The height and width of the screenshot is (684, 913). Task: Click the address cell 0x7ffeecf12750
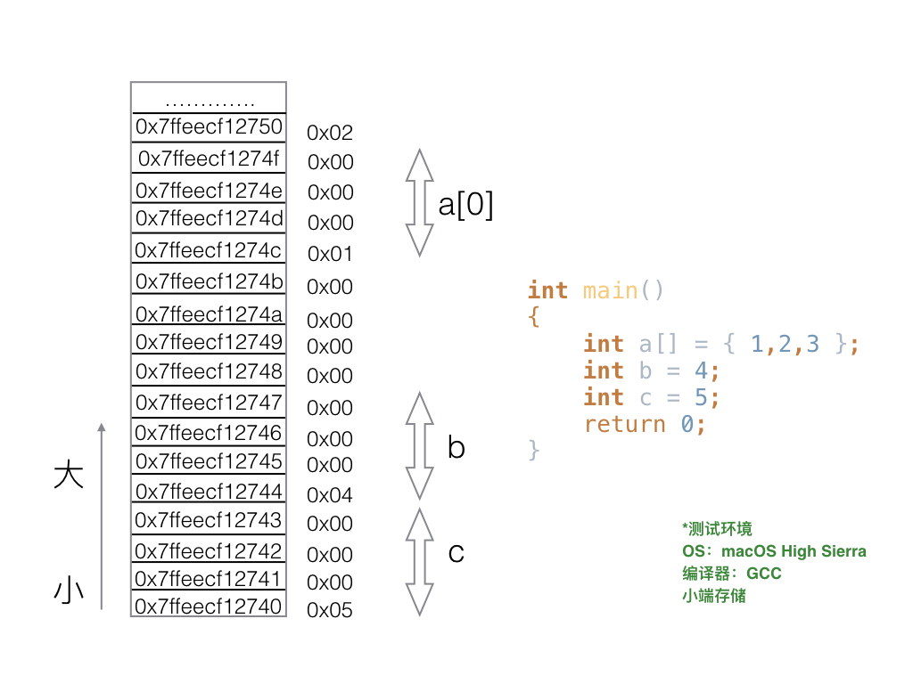(209, 126)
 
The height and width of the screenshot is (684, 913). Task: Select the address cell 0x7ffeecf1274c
(209, 250)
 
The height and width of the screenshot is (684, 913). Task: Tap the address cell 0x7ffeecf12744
(209, 492)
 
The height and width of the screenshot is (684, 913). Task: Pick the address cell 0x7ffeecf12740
(209, 607)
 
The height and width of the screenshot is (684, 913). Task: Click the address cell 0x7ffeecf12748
(209, 371)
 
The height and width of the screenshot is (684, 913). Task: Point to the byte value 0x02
(330, 134)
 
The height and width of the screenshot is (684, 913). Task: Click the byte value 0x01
(330, 255)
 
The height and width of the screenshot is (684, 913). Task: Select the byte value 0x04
(330, 495)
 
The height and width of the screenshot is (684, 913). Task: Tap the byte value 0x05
(330, 611)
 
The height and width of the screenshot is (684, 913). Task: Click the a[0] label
(465, 206)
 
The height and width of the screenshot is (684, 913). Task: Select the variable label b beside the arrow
(456, 447)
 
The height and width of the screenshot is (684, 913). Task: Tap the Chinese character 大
(69, 475)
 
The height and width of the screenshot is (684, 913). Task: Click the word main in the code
(610, 291)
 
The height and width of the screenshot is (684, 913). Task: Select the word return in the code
(624, 424)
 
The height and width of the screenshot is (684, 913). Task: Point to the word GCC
(764, 573)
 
